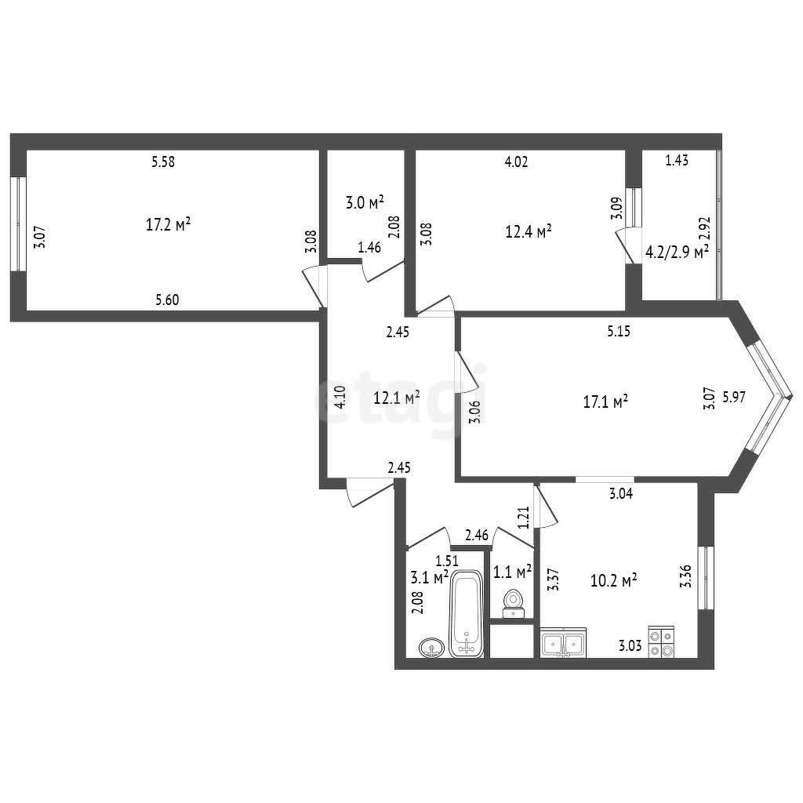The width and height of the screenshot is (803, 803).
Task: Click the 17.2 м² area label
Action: click(169, 224)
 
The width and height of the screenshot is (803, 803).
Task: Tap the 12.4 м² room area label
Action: click(529, 231)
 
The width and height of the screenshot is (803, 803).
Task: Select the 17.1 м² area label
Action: click(606, 401)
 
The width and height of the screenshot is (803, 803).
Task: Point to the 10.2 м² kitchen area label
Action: click(613, 581)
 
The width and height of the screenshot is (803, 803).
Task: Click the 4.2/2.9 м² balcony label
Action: click(677, 252)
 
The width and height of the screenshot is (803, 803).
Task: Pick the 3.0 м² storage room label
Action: click(365, 203)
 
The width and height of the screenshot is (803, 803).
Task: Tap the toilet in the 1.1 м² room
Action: click(513, 605)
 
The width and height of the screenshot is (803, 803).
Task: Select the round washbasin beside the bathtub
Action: click(432, 648)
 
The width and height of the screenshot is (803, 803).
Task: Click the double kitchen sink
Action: click(563, 642)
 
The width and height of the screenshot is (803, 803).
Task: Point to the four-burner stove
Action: click(661, 641)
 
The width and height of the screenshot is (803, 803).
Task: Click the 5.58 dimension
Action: click(163, 162)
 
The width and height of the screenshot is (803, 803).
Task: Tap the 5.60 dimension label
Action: click(168, 300)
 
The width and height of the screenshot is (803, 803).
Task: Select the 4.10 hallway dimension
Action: click(340, 397)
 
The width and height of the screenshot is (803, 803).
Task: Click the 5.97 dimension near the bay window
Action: click(734, 396)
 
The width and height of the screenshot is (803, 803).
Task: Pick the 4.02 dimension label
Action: click(516, 162)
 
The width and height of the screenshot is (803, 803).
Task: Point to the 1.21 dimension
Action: click(523, 518)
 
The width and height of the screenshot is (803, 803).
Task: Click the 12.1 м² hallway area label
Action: click(397, 398)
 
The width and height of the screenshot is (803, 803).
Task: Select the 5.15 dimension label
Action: click(619, 332)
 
